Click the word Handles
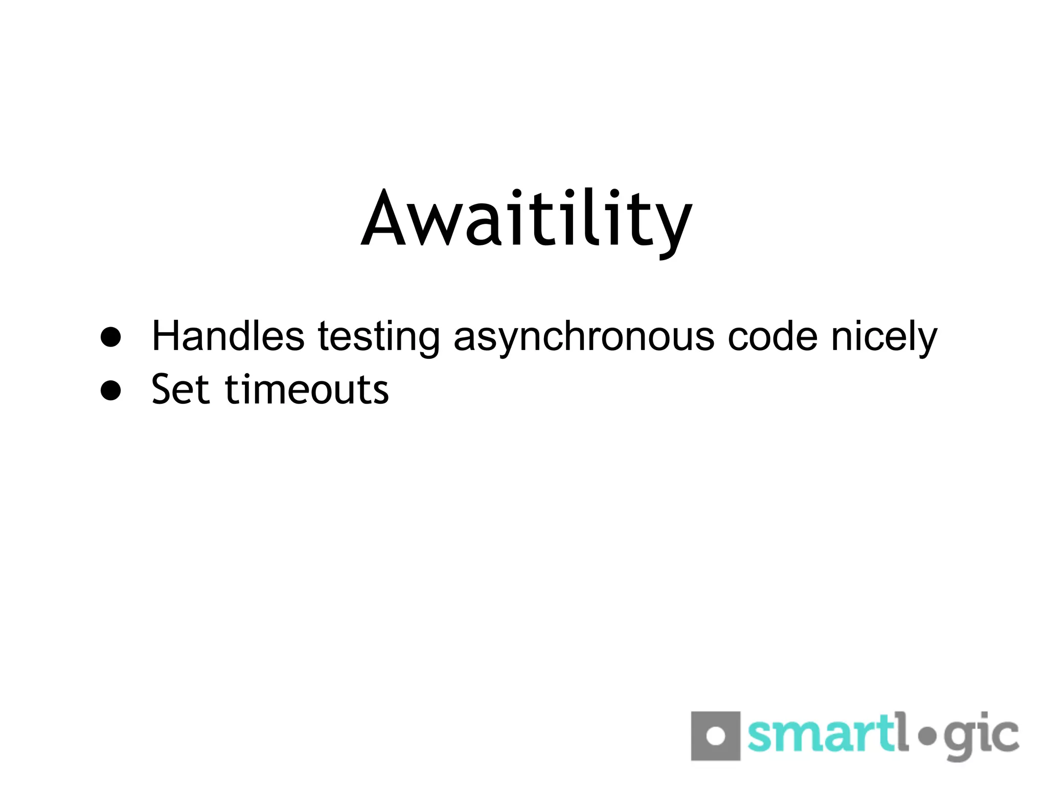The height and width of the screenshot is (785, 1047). [x=228, y=336]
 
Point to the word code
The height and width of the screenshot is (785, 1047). [x=772, y=336]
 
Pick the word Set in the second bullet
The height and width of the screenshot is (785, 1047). [x=180, y=389]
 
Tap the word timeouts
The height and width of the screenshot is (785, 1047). [x=307, y=389]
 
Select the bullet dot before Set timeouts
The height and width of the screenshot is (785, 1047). [x=111, y=390]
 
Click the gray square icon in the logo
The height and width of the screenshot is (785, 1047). [x=716, y=736]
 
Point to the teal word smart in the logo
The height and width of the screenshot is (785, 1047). [x=821, y=736]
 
